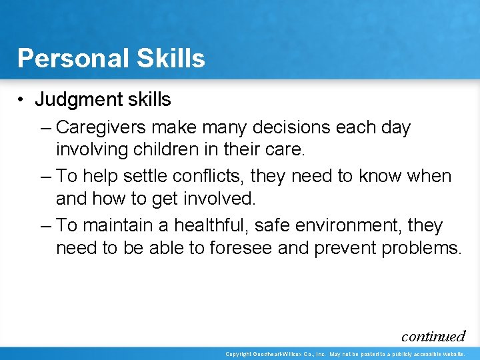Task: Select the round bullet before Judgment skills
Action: (22, 100)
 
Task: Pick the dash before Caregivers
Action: (45, 127)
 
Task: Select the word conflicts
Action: (208, 177)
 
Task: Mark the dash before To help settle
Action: (45, 177)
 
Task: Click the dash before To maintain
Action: (45, 226)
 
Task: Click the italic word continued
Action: (433, 336)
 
